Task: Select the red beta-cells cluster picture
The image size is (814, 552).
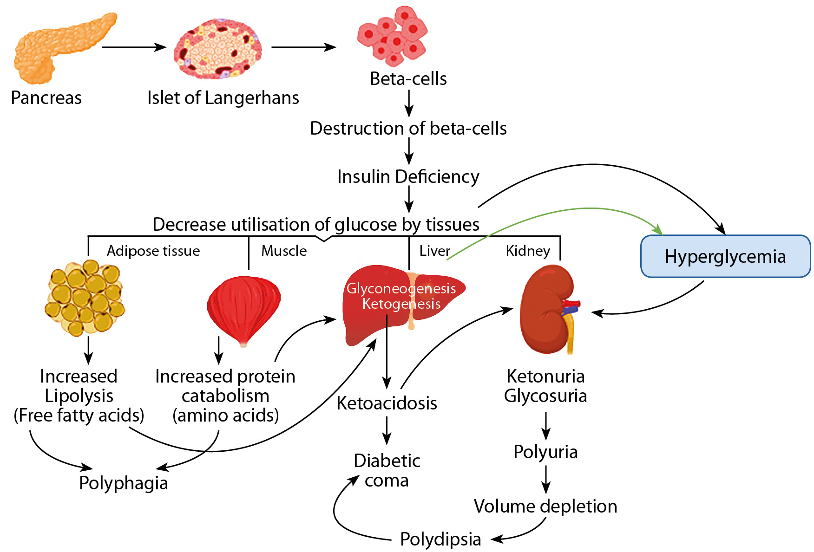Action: click(393, 36)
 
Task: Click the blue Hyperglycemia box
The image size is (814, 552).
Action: click(725, 256)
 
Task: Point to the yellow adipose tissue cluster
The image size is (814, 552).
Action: click(85, 298)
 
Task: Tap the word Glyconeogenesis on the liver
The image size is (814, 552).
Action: click(401, 288)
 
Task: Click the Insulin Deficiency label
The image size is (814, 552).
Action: click(408, 177)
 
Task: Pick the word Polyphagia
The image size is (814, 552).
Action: click(124, 483)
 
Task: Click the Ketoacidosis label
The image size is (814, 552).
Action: click(387, 403)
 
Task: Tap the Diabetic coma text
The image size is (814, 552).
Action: click(387, 470)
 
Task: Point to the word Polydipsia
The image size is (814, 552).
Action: click(440, 539)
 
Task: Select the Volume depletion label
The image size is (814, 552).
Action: click(545, 506)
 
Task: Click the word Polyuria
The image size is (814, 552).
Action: click(545, 452)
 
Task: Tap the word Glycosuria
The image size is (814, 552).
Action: click(545, 396)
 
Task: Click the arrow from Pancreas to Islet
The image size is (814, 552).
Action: click(134, 47)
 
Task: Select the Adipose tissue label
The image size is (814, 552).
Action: click(153, 251)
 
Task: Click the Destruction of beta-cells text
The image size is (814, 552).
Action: click(408, 129)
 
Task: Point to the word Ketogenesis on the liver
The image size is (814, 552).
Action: click(401, 304)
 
